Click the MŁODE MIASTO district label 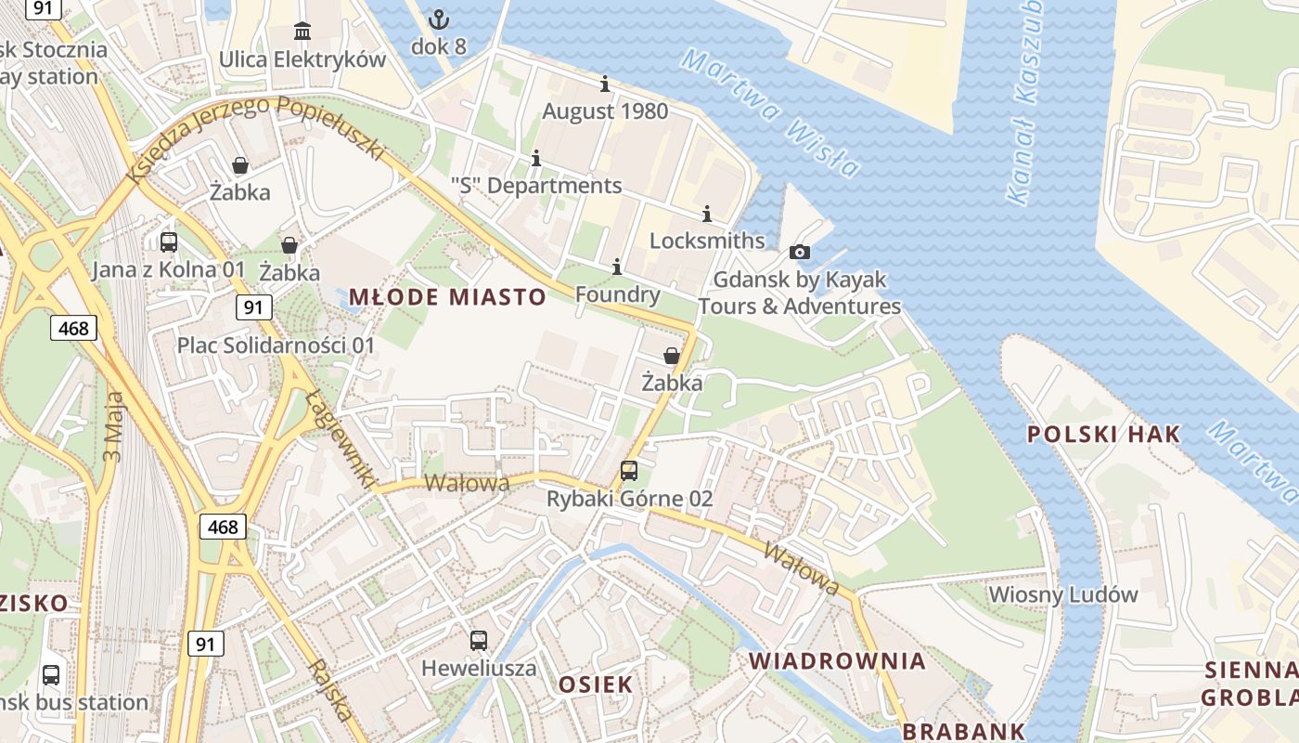(447, 297)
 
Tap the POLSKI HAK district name (1104, 434)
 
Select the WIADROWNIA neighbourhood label (838, 661)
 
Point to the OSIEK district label (596, 684)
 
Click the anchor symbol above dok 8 (438, 19)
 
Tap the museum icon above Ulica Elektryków (302, 32)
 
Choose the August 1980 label (605, 111)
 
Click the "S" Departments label (536, 186)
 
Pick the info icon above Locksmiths (707, 215)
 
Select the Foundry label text (618, 295)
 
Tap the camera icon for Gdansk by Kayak (799, 252)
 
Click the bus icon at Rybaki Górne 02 (629, 471)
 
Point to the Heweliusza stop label (479, 668)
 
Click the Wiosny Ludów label (1063, 594)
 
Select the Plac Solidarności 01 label (277, 345)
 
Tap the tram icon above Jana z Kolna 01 (169, 242)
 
